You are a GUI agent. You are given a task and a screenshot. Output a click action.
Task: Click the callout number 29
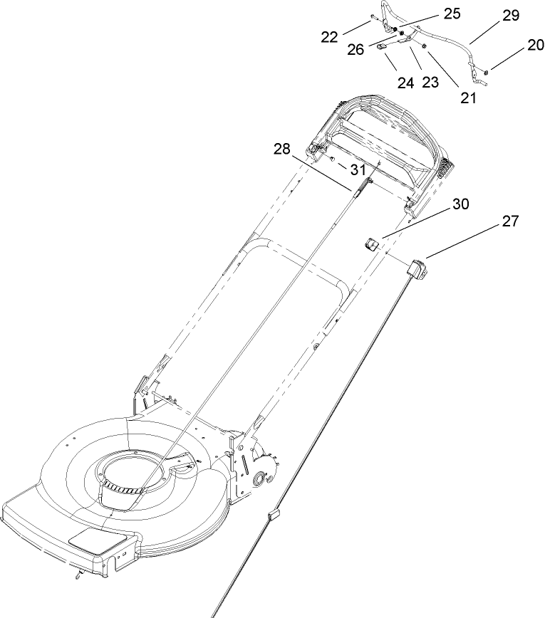click(511, 16)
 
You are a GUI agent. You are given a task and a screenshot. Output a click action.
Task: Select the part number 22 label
click(329, 37)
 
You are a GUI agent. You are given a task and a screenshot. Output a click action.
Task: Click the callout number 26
click(355, 49)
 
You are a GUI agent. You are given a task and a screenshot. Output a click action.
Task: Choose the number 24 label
click(405, 83)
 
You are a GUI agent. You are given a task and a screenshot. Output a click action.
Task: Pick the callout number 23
click(430, 82)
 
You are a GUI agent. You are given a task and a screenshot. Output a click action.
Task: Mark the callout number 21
click(467, 98)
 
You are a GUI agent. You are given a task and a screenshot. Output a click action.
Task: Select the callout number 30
click(461, 204)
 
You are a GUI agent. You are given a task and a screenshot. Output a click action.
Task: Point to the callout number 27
click(510, 221)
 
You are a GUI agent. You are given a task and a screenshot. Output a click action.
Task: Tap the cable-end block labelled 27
click(415, 269)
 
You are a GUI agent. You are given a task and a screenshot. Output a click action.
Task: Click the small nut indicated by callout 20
click(484, 70)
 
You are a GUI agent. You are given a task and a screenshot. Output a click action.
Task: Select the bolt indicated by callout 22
click(372, 21)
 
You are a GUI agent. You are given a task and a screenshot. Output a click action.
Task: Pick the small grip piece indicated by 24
click(382, 45)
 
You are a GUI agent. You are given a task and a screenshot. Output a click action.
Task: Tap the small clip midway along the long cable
click(274, 513)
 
